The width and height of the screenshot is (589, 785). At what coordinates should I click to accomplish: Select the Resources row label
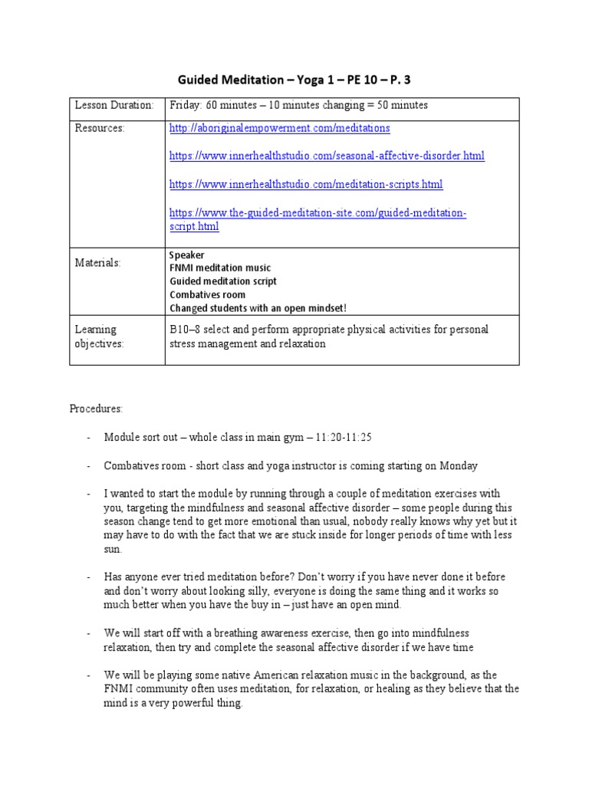[99, 128]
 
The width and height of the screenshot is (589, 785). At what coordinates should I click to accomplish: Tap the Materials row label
[97, 263]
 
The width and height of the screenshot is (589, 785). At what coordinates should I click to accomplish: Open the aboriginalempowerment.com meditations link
[279, 128]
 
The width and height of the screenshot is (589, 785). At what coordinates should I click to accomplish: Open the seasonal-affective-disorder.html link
[326, 156]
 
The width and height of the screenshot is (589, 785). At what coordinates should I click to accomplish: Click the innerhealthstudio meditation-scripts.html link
[305, 185]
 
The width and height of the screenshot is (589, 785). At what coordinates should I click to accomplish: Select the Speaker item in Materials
[186, 255]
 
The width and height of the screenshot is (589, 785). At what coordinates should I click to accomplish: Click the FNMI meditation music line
[219, 268]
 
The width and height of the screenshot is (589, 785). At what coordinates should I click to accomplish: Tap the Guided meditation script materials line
[222, 281]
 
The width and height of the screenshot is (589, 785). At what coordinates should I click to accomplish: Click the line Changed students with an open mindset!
[258, 307]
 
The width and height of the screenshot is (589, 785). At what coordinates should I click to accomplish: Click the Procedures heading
[96, 409]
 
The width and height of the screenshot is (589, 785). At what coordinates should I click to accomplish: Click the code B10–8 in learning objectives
[185, 330]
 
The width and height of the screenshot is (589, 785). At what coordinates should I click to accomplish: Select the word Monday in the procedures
[460, 465]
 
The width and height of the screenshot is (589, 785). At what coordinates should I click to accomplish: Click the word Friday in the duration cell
[183, 105]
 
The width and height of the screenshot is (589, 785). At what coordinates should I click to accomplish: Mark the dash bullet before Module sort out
[90, 437]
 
